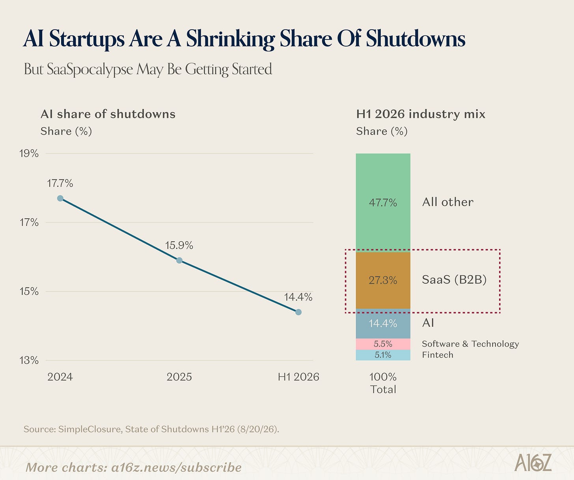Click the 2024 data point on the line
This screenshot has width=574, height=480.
[x=60, y=199]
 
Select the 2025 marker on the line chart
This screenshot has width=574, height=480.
[x=179, y=261]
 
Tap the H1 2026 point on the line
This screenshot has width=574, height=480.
[x=298, y=312]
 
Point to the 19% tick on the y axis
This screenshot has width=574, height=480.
[x=29, y=154]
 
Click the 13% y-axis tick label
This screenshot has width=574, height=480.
[x=29, y=360]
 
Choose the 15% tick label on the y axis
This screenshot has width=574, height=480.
[x=29, y=291]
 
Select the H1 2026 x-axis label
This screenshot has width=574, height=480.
[x=298, y=377]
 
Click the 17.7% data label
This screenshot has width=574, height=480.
[x=60, y=183]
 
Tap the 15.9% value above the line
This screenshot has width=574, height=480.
[x=179, y=245]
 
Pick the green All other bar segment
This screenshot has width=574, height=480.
[x=383, y=203]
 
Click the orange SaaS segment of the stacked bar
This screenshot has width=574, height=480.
[x=383, y=280]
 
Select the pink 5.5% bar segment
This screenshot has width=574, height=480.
[x=383, y=344]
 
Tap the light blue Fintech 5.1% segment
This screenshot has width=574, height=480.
[x=383, y=355]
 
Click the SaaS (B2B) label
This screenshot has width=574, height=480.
[x=454, y=279]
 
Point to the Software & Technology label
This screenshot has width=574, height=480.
[x=470, y=344]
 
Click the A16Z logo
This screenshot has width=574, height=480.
[x=533, y=463]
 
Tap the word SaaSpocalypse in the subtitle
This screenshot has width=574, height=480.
[x=90, y=69]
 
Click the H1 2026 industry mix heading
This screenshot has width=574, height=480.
[x=421, y=114]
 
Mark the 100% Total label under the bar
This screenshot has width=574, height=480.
[x=383, y=383]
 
